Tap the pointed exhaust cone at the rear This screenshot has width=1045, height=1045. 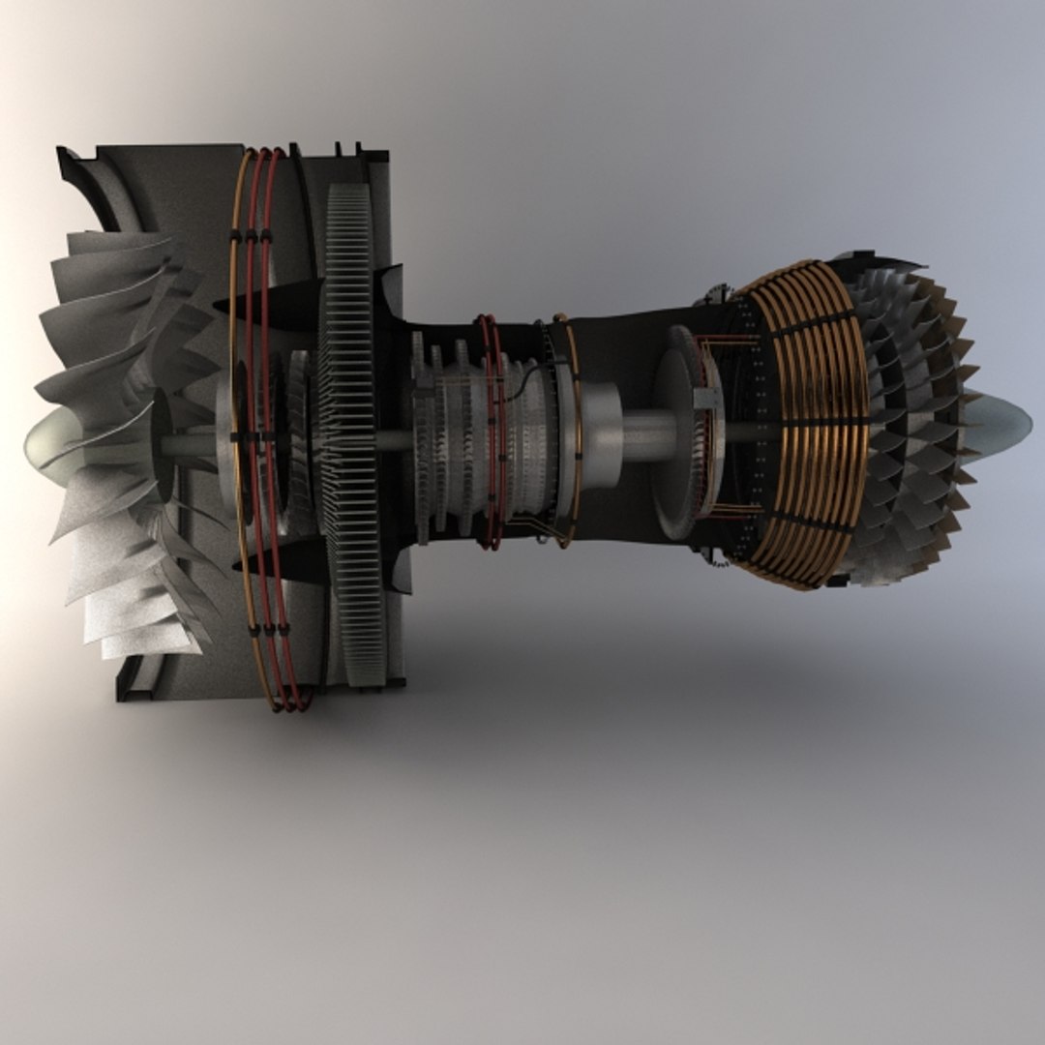[1001, 422]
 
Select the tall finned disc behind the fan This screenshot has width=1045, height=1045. [349, 435]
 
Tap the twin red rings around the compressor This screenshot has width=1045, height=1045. [492, 431]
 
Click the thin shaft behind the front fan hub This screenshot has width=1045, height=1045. [189, 443]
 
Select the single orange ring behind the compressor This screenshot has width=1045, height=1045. [571, 431]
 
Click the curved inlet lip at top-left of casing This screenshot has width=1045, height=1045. [87, 184]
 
